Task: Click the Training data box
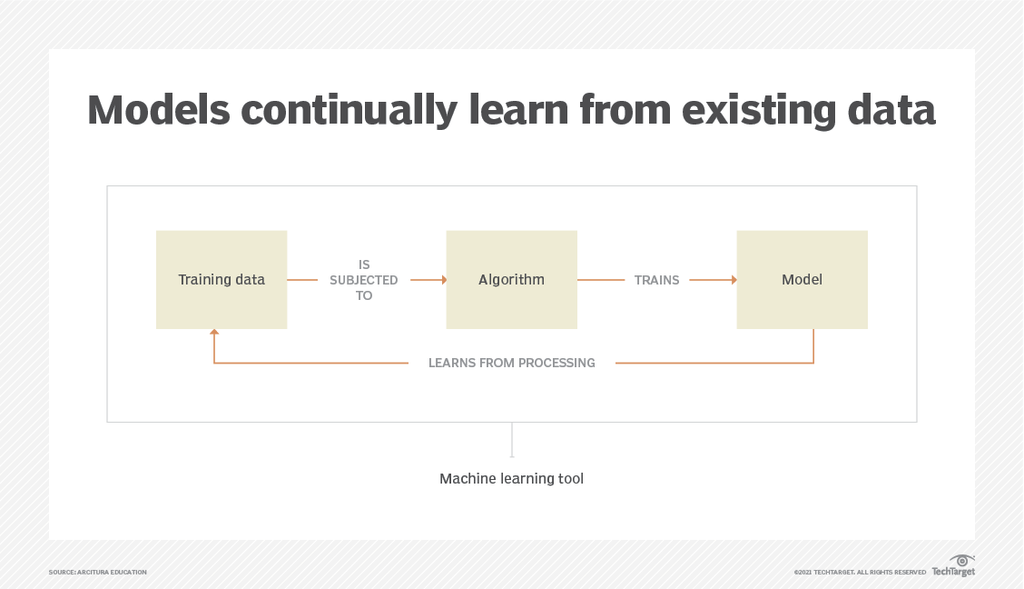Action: click(x=222, y=280)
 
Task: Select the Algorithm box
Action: click(x=511, y=280)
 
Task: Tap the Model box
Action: click(x=802, y=280)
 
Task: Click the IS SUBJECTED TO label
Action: click(x=364, y=280)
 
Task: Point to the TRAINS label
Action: click(x=656, y=280)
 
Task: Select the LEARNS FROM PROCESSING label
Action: click(x=512, y=363)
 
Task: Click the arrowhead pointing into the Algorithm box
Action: click(x=443, y=280)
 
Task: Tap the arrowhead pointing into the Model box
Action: click(x=733, y=280)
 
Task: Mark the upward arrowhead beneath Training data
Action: click(x=214, y=334)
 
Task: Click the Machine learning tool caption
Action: click(x=511, y=478)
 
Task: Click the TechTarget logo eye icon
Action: click(x=961, y=560)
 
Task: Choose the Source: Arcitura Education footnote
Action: click(x=98, y=572)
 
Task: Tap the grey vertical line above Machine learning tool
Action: click(x=512, y=440)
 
